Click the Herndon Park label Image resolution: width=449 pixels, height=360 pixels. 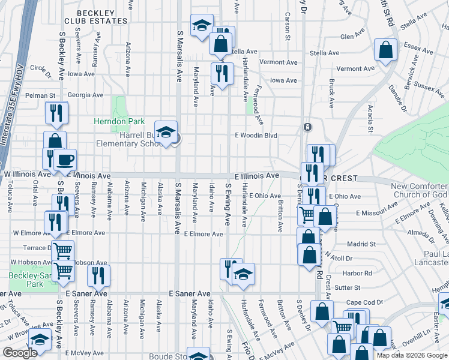pos(119,121)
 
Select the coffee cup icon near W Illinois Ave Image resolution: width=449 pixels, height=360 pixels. pos(65,160)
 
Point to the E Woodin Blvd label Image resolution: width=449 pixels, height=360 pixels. pos(256,136)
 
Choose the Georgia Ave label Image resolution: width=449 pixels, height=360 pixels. pos(85,95)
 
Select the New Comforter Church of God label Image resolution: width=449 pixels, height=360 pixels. pos(419,190)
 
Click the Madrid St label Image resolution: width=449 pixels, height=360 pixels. pos(361,244)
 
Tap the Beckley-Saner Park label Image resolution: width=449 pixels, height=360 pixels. pos(26,280)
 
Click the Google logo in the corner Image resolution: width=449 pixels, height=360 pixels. pos(20,353)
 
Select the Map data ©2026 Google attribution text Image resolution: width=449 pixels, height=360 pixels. pos(411,355)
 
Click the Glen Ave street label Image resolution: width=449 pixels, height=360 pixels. pos(349,37)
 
